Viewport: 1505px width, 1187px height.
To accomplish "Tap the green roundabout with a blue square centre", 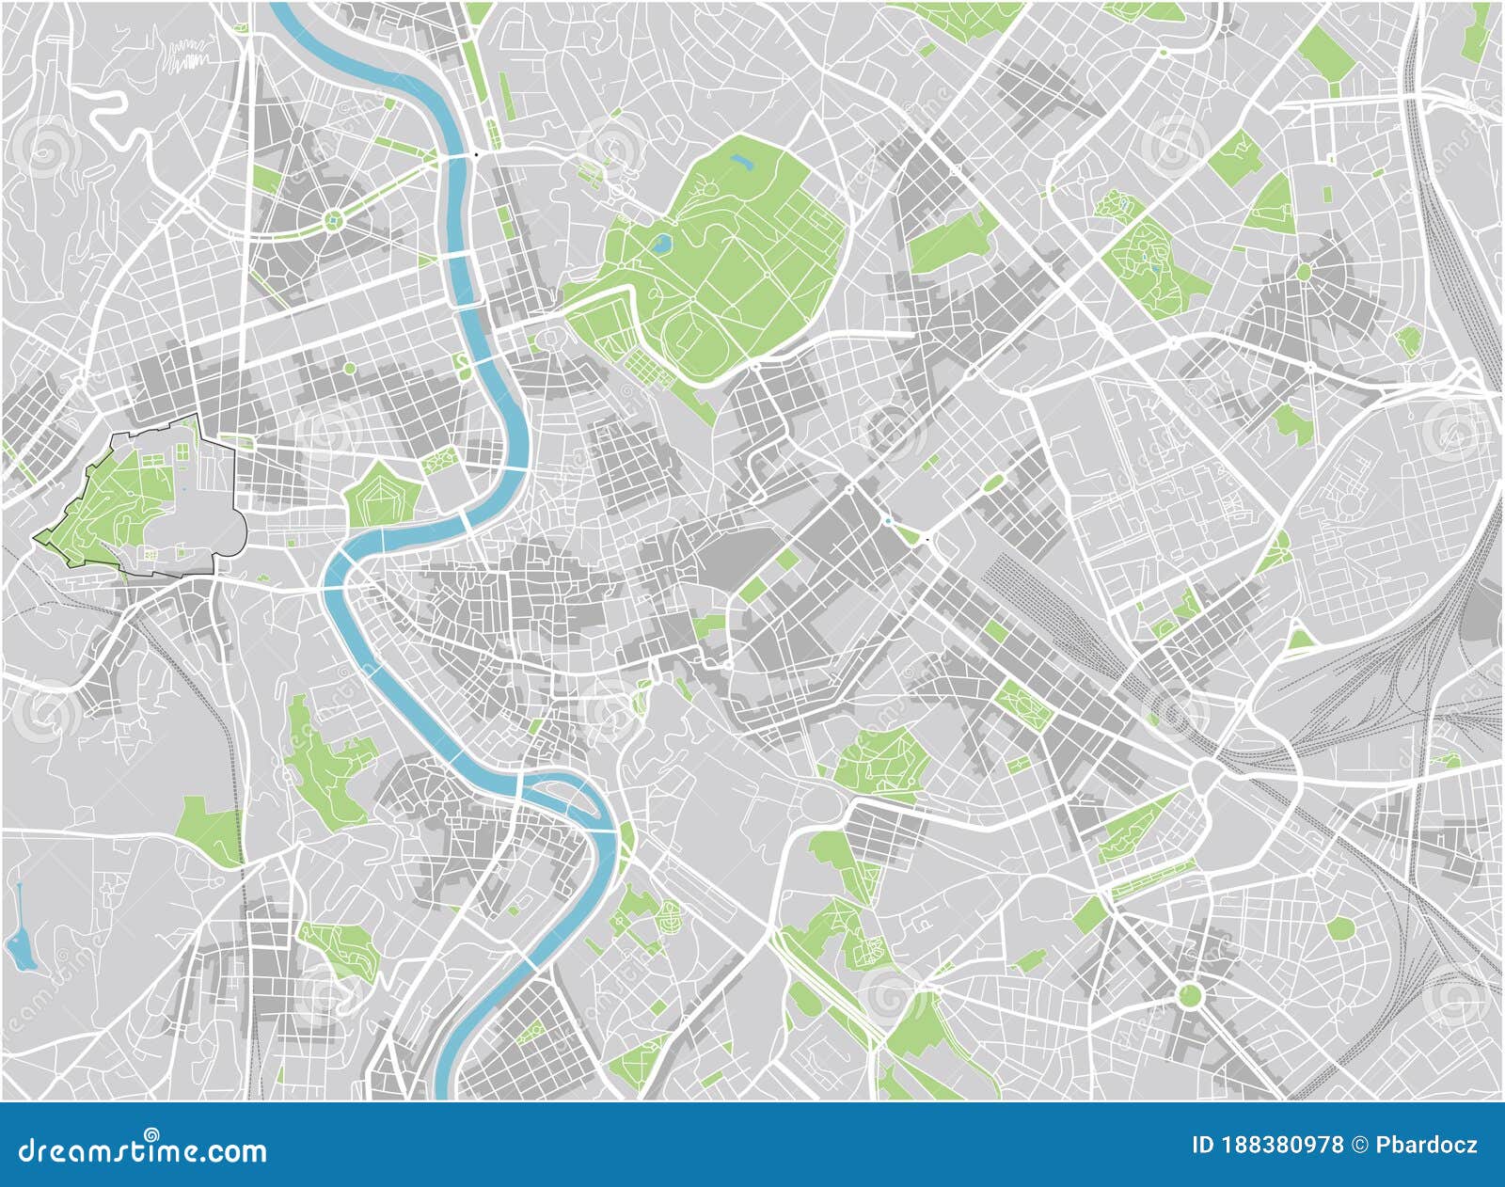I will pyautogui.click(x=333, y=221).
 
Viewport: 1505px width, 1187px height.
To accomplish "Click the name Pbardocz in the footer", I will pyautogui.click(x=1428, y=1145).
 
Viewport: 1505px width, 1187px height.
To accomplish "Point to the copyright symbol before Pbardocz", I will pyautogui.click(x=1361, y=1145).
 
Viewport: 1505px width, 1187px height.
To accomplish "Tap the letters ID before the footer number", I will pyautogui.click(x=1202, y=1145).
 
